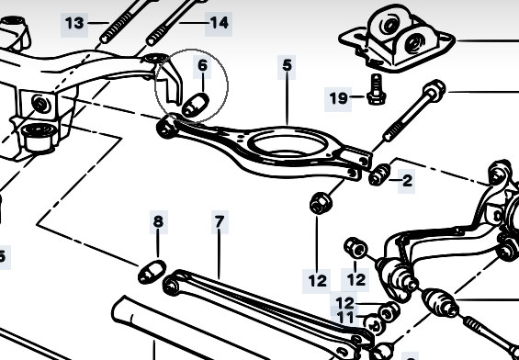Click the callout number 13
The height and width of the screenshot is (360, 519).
click(x=74, y=24)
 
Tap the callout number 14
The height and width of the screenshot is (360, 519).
click(x=220, y=23)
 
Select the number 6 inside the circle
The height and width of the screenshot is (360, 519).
click(x=203, y=65)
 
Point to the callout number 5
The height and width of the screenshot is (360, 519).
click(x=287, y=65)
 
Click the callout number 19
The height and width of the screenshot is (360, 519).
click(x=339, y=98)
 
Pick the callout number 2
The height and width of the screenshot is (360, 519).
click(x=408, y=181)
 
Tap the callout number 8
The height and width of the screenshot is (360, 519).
click(x=158, y=221)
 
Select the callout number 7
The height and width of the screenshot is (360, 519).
click(x=220, y=221)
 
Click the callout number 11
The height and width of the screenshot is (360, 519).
click(x=345, y=318)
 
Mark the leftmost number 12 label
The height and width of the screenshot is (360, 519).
click(x=318, y=281)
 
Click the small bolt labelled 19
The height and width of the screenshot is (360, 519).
click(x=376, y=89)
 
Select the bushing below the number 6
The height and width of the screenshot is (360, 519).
click(x=196, y=105)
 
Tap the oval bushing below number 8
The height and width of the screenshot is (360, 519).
click(x=152, y=273)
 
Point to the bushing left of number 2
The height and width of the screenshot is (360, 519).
click(x=379, y=174)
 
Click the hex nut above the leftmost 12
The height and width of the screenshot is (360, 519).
click(x=321, y=203)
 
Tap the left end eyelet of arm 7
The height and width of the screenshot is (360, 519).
click(x=172, y=287)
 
